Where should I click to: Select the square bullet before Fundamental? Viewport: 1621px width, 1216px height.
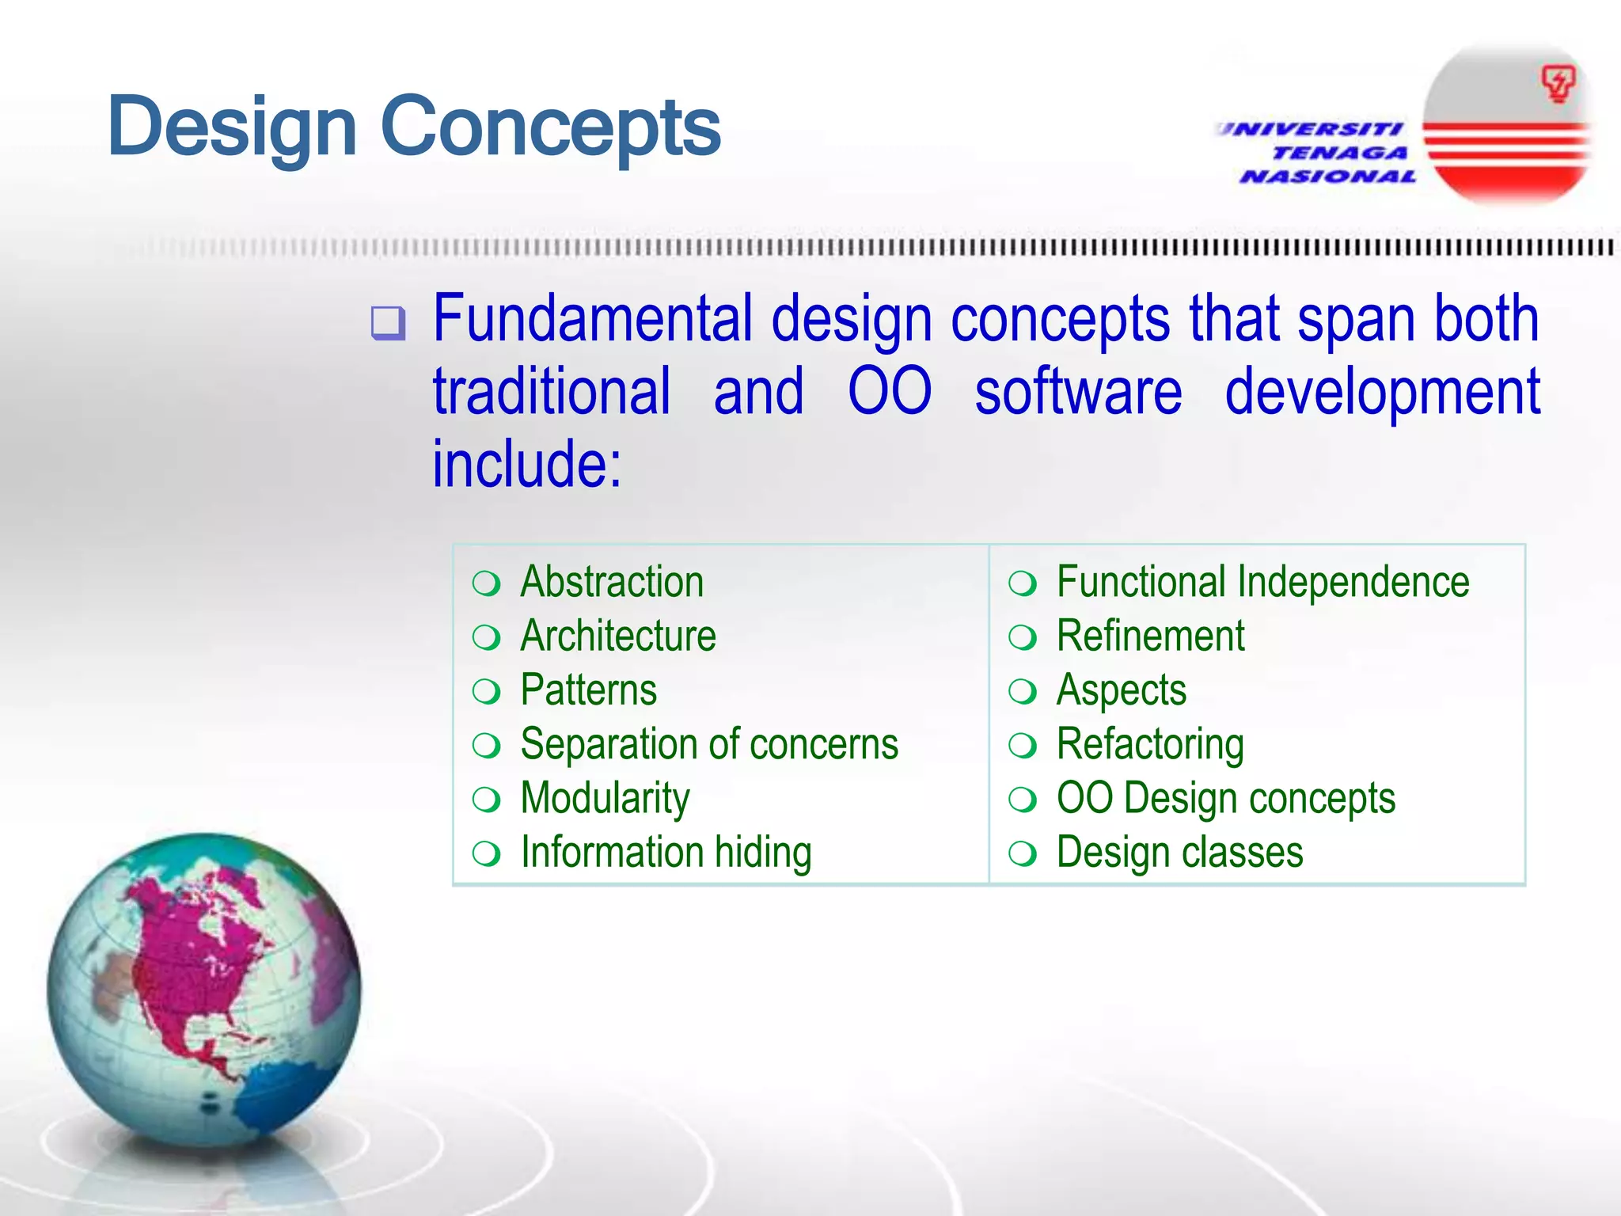coord(388,323)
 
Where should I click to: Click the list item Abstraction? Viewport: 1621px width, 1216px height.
coord(612,582)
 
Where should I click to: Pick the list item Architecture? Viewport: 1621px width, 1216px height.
coord(618,636)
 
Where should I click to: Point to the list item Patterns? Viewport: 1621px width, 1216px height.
coord(589,690)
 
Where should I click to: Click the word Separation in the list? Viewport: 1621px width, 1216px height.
coord(607,743)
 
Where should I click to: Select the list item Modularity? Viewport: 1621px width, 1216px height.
coord(605,798)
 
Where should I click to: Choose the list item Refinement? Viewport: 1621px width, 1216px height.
coord(1150,636)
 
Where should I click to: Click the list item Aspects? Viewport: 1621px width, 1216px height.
coord(1122,690)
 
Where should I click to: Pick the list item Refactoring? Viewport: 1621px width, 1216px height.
coord(1150,744)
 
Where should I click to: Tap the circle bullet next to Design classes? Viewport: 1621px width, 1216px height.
coord(1023,853)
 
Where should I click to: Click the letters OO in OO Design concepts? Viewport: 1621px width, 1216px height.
coord(1084,797)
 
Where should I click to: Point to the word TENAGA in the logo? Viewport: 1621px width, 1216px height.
coord(1340,152)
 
